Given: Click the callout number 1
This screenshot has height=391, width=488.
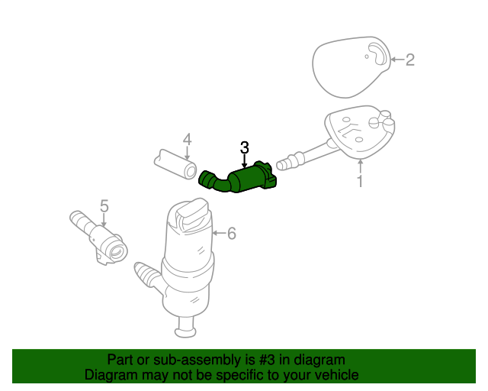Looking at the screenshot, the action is click(360, 181).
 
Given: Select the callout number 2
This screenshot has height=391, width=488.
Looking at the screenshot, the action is click(410, 60).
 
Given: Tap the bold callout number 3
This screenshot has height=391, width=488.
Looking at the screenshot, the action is click(245, 147).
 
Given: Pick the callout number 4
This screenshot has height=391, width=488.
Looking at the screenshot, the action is click(187, 140).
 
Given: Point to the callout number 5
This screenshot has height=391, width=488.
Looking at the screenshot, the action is click(104, 206).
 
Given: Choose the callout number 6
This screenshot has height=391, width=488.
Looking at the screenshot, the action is click(232, 233).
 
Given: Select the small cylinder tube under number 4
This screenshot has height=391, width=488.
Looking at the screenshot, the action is click(175, 164).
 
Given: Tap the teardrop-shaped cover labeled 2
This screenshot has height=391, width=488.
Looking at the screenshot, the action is click(351, 67).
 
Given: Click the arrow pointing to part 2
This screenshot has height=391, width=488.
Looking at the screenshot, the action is click(397, 60).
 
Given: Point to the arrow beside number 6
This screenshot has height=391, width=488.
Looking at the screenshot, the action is click(219, 233).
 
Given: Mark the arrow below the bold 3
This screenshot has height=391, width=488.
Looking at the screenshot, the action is click(245, 162).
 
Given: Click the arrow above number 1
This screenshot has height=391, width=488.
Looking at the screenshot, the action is click(360, 166).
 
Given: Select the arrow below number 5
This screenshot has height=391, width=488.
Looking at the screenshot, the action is click(104, 220).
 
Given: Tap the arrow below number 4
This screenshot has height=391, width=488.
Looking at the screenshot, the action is click(187, 153).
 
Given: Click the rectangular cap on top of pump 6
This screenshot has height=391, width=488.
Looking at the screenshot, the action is click(192, 214).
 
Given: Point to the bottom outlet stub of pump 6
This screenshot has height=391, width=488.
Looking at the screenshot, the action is click(186, 328).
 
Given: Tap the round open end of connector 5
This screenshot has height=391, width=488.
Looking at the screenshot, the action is click(118, 250).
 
